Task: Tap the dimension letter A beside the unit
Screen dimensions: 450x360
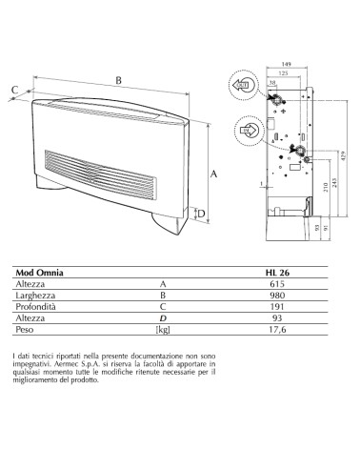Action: (x=214, y=174)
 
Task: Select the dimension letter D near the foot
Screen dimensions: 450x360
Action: (x=201, y=214)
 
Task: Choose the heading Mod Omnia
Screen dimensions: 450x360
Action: (x=39, y=273)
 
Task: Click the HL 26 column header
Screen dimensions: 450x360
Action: (x=278, y=273)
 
